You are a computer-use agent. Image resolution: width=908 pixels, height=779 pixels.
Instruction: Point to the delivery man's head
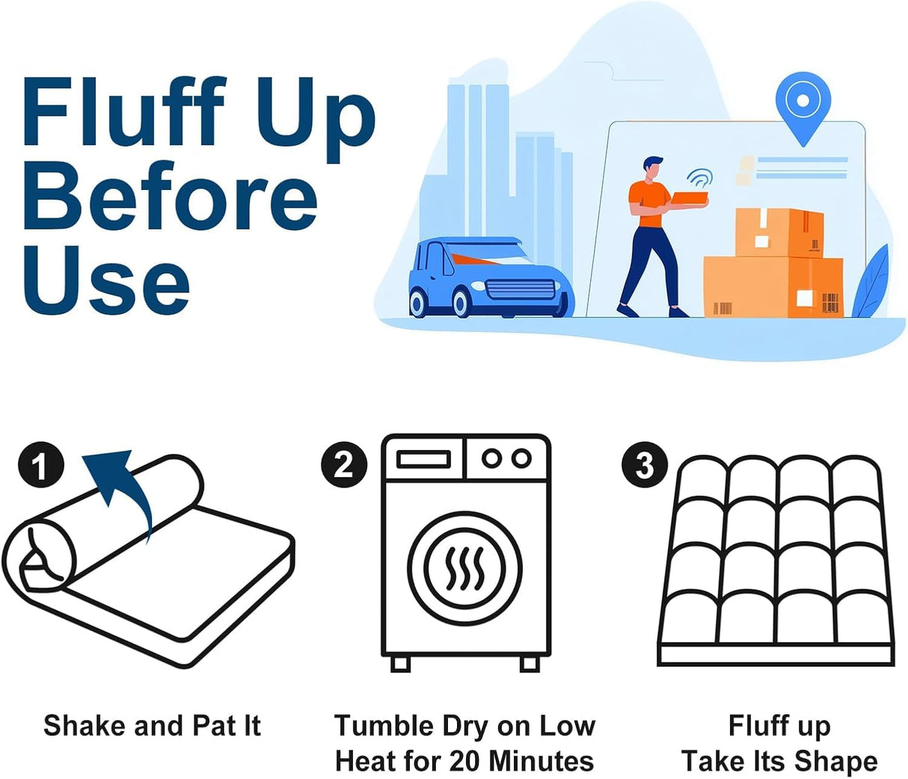coord(652,168)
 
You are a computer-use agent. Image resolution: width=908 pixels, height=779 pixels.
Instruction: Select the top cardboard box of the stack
coord(779,233)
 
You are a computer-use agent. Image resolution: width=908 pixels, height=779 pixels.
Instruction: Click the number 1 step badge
coord(41,467)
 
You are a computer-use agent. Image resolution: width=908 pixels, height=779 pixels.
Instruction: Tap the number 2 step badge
coord(344,464)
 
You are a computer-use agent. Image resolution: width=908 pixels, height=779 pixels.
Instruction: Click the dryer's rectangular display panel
coord(423,458)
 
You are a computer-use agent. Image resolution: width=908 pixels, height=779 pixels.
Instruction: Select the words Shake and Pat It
coord(152,725)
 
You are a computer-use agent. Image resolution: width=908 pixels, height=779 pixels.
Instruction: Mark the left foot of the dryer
coord(401,662)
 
